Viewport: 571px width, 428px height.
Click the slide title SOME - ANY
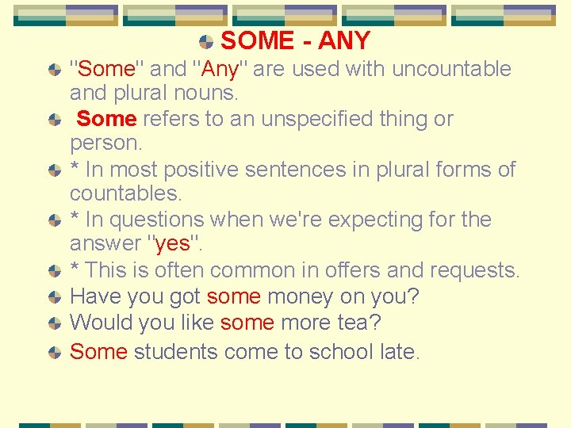point(295,40)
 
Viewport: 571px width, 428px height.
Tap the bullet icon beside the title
point(206,41)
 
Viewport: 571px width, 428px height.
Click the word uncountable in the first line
point(451,70)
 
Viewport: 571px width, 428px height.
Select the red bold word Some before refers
point(107,120)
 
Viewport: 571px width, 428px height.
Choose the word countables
point(125,193)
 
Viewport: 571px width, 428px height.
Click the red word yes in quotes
point(172,244)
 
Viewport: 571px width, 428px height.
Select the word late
point(397,351)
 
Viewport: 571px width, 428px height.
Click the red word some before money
point(234,297)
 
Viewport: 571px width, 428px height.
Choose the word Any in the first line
point(221,70)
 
